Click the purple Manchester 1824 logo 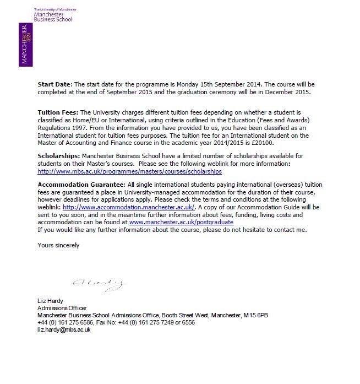click(24, 44)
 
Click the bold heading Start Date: click(54, 84)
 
